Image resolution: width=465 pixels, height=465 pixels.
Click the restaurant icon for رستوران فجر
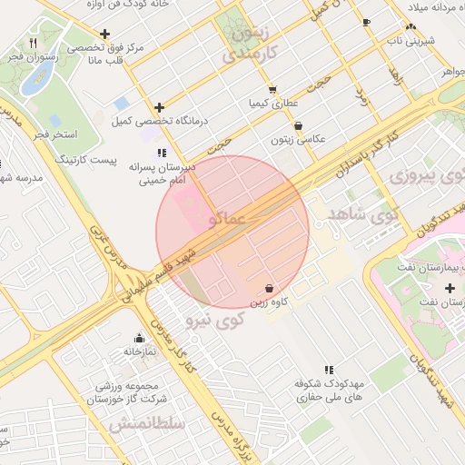[33, 43]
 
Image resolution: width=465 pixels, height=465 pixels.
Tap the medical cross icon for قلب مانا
[106, 35]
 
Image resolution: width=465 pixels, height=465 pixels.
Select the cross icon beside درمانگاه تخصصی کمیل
[160, 107]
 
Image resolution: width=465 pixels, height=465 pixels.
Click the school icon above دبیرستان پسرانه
[162, 153]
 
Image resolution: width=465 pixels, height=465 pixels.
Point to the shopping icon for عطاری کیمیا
[272, 89]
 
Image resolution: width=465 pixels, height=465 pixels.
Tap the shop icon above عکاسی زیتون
[299, 126]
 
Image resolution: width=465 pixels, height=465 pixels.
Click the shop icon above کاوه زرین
[271, 288]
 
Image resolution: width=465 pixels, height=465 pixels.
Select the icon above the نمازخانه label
[139, 338]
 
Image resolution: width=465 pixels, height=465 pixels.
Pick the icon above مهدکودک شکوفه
[329, 370]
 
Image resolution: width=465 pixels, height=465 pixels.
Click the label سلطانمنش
[146, 424]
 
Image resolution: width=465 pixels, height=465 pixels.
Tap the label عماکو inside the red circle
[226, 219]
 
